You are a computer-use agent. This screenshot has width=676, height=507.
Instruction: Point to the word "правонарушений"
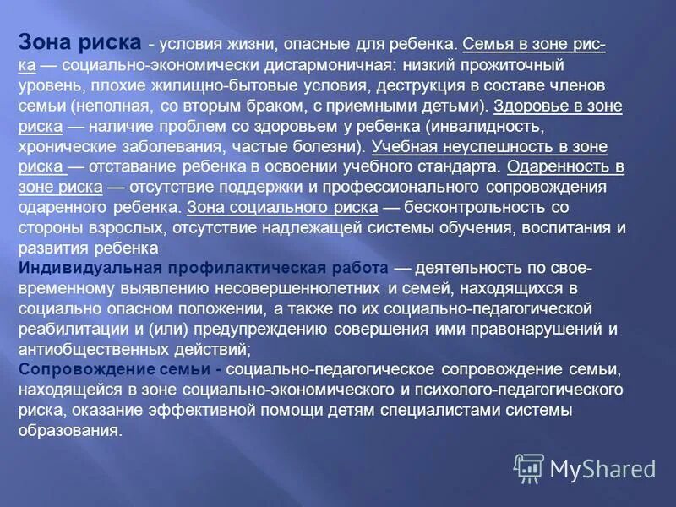pos(526,329)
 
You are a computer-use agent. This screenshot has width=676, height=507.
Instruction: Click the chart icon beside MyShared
pos(530,467)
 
